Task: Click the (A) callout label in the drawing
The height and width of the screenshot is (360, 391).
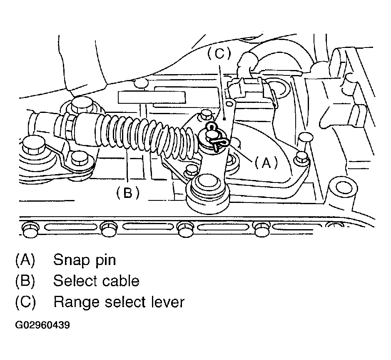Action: click(x=266, y=163)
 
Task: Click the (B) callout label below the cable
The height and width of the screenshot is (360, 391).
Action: click(x=128, y=193)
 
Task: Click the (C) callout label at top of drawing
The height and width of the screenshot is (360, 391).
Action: click(x=219, y=53)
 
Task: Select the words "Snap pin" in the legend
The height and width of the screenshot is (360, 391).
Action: click(x=85, y=260)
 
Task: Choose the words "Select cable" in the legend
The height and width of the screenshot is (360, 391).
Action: click(x=96, y=281)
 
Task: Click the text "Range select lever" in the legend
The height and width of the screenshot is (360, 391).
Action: click(x=119, y=302)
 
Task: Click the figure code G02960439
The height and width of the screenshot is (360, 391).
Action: click(x=42, y=325)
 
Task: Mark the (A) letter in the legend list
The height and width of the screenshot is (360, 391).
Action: click(x=25, y=260)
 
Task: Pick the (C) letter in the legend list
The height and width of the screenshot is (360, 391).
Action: click(x=25, y=302)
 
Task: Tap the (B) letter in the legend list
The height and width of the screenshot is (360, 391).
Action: click(x=25, y=281)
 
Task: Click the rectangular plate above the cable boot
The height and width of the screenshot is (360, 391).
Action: click(x=152, y=97)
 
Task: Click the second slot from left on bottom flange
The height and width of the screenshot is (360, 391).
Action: click(x=148, y=227)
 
